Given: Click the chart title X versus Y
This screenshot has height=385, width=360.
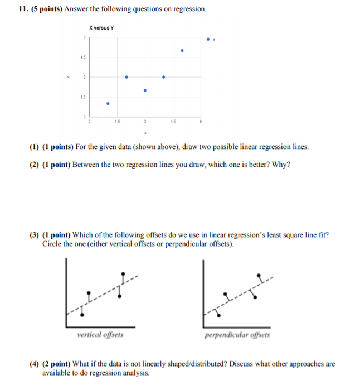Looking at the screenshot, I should [x=101, y=28].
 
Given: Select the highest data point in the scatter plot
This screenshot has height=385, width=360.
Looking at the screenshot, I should [x=182, y=51].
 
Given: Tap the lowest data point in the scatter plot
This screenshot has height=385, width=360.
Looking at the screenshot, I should [x=108, y=103].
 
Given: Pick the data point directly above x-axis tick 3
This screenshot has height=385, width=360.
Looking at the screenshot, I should [x=145, y=90].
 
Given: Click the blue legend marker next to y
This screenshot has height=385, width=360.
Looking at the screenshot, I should [x=208, y=40].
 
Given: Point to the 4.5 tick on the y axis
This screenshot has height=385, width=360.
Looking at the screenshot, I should [x=82, y=57].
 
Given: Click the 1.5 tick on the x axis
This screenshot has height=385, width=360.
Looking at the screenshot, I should [x=116, y=121].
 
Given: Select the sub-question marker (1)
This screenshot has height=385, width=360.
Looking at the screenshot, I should [x=35, y=147].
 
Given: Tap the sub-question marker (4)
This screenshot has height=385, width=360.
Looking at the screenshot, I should [x=35, y=364].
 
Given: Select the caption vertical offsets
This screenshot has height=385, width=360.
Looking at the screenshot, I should [x=100, y=335].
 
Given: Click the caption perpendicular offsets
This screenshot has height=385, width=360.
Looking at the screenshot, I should [x=237, y=335].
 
